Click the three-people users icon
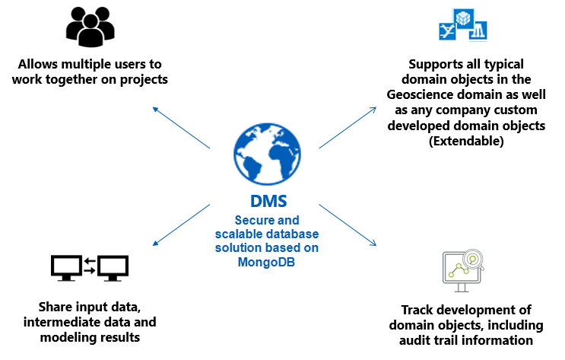[x=90, y=26]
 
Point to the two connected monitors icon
[x=90, y=266]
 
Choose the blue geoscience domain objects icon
[x=463, y=26]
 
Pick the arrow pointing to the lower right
[x=348, y=225]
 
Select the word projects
[x=140, y=79]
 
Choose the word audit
[x=417, y=340]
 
